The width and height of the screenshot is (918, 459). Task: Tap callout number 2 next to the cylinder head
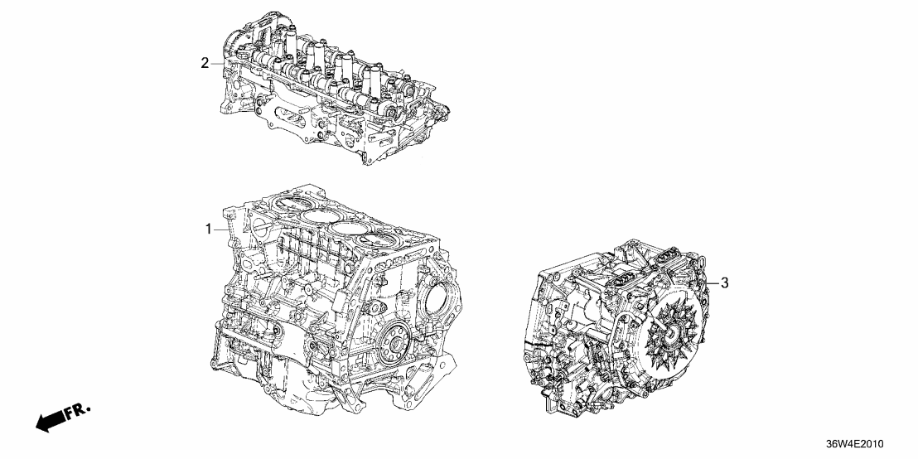pyautogui.click(x=205, y=63)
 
